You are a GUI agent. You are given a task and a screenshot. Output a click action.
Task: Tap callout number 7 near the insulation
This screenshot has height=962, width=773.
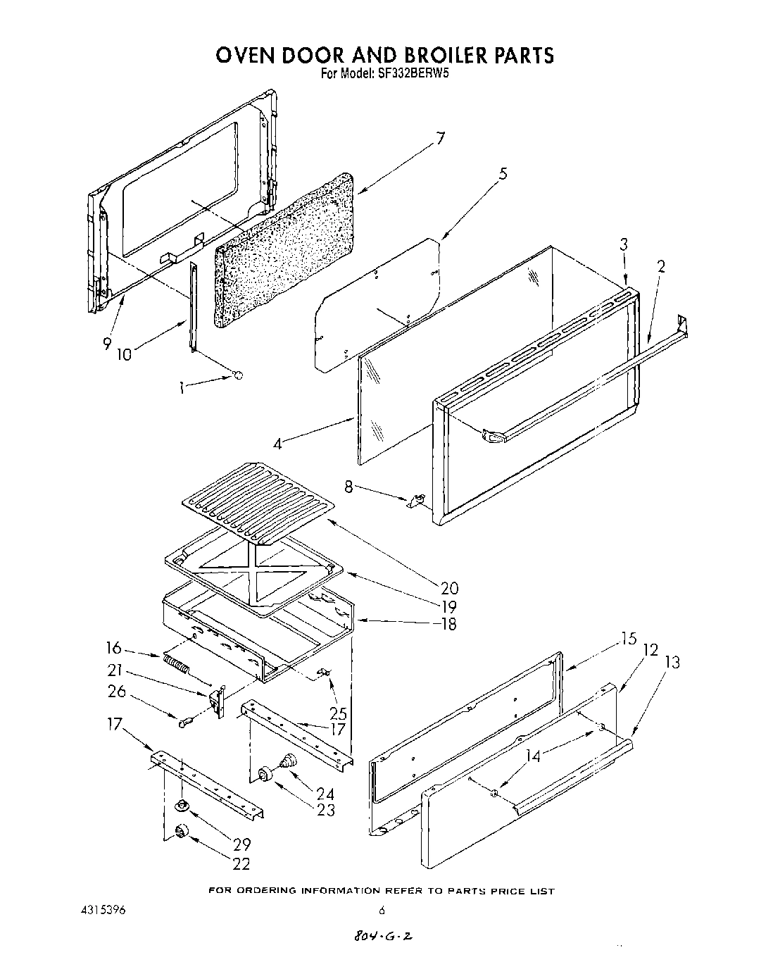coord(440,139)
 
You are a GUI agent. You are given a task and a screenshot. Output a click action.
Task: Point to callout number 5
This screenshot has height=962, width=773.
coord(502,174)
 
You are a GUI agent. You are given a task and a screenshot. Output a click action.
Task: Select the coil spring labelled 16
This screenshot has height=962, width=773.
coord(177,663)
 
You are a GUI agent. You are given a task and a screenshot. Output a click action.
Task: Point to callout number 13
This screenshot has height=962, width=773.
coord(672,662)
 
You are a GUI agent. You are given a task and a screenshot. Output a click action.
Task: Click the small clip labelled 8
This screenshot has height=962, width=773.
coord(416,501)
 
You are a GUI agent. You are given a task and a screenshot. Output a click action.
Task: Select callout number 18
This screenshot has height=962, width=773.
coord(447,624)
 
